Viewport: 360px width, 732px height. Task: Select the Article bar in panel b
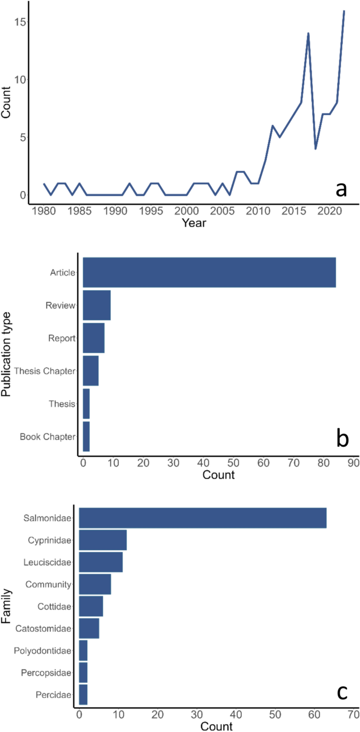[x=209, y=272]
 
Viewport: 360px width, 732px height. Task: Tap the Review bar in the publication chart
[x=97, y=305]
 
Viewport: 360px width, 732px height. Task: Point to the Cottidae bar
[x=91, y=606]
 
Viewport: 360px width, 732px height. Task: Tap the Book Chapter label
[x=47, y=437]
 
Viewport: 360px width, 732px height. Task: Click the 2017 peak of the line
[x=308, y=34]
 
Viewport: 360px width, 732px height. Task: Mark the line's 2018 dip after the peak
[x=315, y=149]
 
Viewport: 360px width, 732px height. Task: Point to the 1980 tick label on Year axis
[x=44, y=211]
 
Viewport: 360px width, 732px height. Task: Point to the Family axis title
[x=7, y=606]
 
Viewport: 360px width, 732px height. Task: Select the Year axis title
[x=194, y=223]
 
